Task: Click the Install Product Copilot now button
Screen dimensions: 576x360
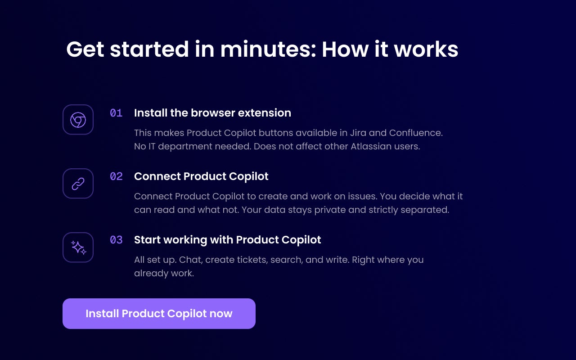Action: (159, 314)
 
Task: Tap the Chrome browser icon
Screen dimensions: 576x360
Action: (78, 120)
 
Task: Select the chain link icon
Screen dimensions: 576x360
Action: (78, 184)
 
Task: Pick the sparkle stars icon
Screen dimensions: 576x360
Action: (78, 247)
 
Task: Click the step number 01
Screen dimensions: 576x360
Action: (116, 113)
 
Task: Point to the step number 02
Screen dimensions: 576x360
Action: (116, 176)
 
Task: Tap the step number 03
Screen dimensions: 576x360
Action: (116, 240)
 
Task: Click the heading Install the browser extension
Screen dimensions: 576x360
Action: (213, 113)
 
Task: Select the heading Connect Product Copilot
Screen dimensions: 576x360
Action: (201, 176)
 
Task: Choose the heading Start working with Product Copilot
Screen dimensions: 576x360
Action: (228, 240)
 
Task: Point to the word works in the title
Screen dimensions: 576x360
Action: (426, 49)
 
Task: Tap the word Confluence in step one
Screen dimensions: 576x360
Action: (416, 133)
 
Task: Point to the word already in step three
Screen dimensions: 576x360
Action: (150, 274)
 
